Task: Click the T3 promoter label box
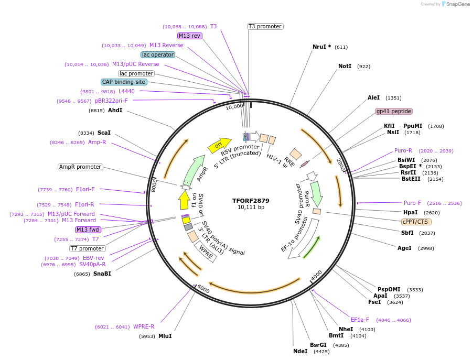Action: [265, 26]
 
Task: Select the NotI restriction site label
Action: [345, 67]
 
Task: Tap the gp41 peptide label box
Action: [394, 111]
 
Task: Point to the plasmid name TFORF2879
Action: [251, 201]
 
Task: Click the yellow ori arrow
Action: [219, 145]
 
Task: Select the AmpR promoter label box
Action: [80, 167]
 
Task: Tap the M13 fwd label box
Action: [88, 230]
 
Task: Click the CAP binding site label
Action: [124, 82]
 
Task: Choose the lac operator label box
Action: [158, 54]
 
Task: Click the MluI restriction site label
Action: [165, 336]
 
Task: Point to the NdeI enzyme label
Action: [300, 351]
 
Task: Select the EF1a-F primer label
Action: [360, 320]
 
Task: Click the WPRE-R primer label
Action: [144, 326]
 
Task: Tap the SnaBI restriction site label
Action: [102, 274]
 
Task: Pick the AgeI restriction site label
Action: [404, 248]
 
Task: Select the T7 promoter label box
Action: [88, 248]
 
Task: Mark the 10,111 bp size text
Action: [251, 208]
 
